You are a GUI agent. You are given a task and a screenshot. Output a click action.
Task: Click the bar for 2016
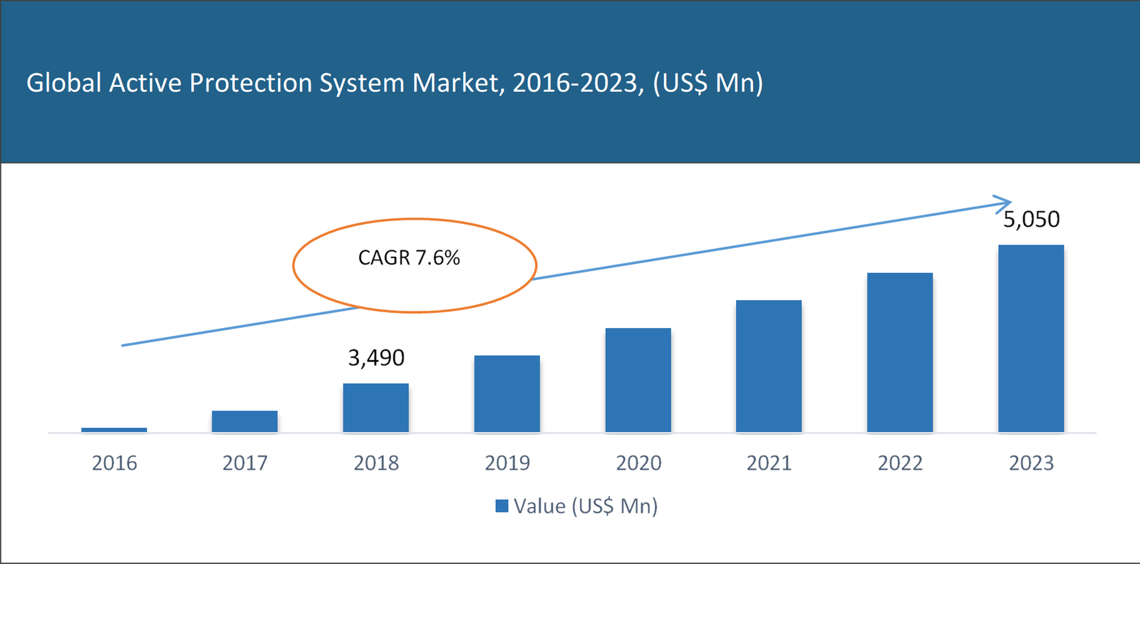click(114, 430)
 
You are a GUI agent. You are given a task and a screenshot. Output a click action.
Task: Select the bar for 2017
click(244, 421)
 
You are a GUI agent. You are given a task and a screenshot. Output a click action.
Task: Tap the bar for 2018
click(375, 408)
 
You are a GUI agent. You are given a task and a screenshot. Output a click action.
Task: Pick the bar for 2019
click(507, 394)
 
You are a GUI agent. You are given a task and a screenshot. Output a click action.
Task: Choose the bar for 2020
click(638, 380)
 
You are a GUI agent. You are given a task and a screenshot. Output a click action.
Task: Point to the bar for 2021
click(769, 366)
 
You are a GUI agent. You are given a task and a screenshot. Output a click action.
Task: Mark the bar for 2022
click(900, 352)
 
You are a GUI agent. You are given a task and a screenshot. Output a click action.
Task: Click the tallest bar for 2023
click(1031, 339)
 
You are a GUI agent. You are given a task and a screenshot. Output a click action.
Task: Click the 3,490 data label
click(375, 357)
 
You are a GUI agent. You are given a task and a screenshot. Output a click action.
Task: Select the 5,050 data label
click(1031, 219)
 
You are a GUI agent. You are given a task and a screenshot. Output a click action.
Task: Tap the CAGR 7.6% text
click(409, 257)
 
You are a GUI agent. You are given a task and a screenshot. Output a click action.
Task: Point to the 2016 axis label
click(114, 463)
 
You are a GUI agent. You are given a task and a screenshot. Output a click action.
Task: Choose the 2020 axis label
click(638, 463)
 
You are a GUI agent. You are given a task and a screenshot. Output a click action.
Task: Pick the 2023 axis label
click(1031, 463)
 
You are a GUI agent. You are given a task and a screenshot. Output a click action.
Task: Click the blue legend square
click(502, 506)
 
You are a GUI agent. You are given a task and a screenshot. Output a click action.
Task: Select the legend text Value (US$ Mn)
click(586, 506)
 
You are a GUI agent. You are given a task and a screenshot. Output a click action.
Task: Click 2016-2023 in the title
click(574, 83)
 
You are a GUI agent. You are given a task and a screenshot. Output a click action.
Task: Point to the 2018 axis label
click(375, 463)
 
